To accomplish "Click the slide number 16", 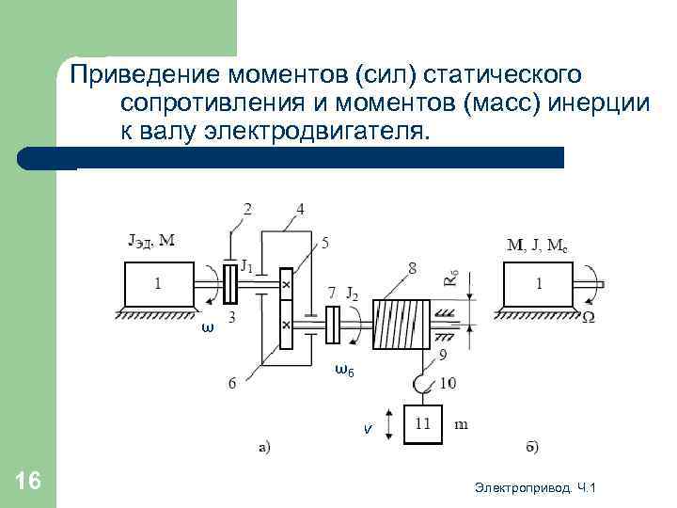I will (29, 482).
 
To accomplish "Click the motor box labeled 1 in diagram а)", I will (158, 282).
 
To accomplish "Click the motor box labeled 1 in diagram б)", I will (538, 282).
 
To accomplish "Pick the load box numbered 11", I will (423, 424).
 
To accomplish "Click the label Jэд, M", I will (150, 239).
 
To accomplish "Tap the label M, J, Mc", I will (537, 246).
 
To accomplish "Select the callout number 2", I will (247, 208).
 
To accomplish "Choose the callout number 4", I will (299, 208).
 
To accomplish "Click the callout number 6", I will (232, 382).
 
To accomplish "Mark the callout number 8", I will (412, 269).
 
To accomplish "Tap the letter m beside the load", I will (462, 424).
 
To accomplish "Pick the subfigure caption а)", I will (266, 447).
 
